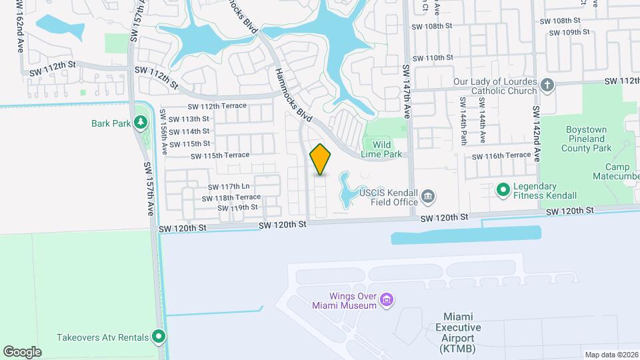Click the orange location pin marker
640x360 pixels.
tap(321, 159)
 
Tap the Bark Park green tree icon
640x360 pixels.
tap(140, 122)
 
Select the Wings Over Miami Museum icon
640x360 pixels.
tap(386, 301)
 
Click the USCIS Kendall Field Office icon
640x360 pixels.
tap(429, 196)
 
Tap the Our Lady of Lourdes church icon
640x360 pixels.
tap(547, 85)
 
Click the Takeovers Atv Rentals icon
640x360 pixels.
tap(159, 337)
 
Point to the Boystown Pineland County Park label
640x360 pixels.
tap(589, 139)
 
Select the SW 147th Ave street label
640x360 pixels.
tap(406, 91)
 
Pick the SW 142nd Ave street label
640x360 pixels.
tap(536, 133)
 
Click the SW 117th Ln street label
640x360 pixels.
tap(228, 187)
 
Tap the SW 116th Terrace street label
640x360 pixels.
tap(501, 156)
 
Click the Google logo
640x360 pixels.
tap(22, 351)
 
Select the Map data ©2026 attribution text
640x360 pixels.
tap(611, 355)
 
